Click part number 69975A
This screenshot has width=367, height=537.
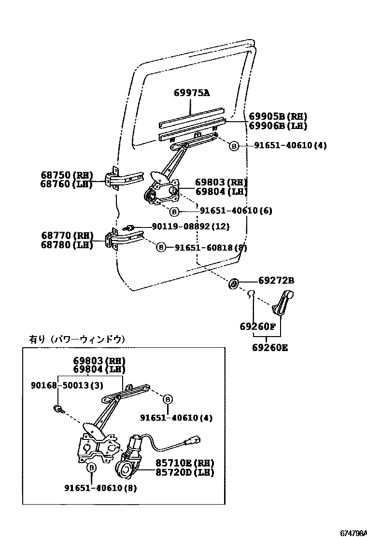192,94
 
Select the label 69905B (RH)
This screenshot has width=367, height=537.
278,116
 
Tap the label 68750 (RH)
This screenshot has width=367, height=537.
67,175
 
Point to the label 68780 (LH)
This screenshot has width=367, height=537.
67,245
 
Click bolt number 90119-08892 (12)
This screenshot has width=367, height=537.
191,226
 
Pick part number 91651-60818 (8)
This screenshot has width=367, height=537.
211,247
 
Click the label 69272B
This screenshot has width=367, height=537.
276,281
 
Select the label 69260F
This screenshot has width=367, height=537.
257,327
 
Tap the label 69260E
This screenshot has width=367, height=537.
269,347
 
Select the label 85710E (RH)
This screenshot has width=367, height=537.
184,463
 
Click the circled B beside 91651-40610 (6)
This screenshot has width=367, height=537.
174,211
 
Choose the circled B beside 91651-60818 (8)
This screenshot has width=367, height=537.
161,247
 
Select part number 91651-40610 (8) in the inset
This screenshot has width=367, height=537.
100,488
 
